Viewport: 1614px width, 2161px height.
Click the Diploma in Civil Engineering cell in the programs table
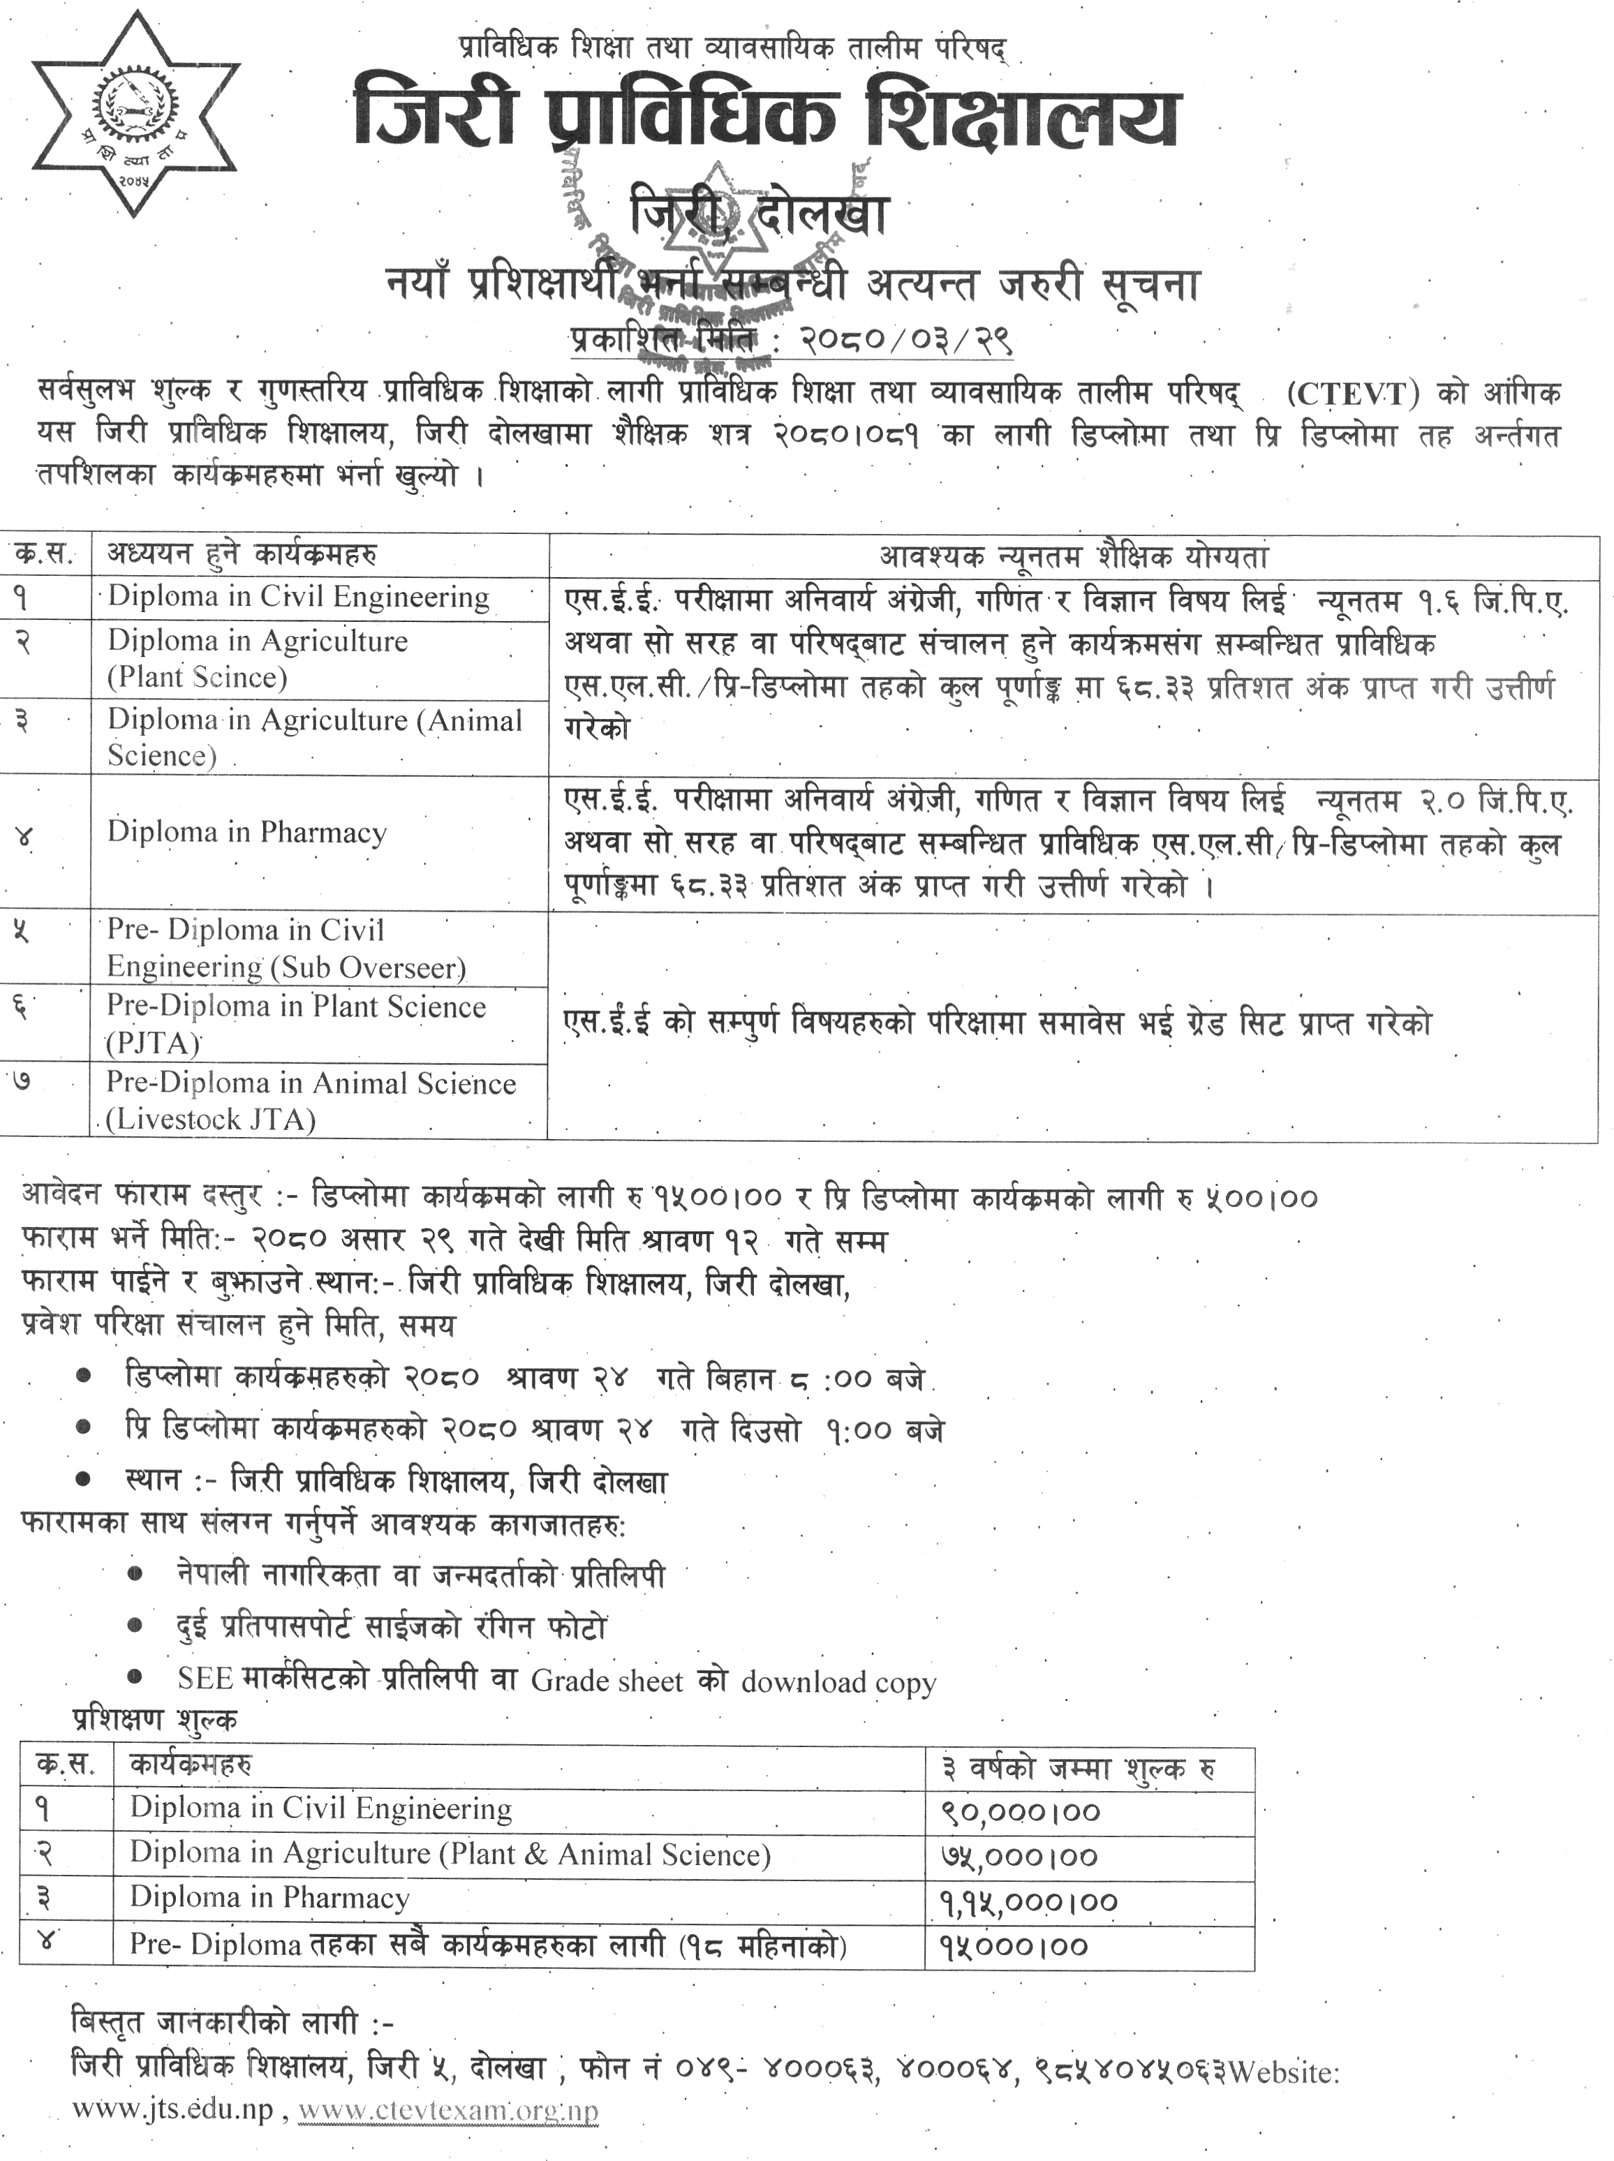coord(298,597)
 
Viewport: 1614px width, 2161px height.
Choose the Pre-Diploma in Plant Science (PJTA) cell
coord(295,1024)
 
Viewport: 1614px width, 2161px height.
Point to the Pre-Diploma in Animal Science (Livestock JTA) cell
coord(310,1100)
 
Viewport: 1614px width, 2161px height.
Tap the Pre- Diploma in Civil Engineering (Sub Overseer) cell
coord(286,948)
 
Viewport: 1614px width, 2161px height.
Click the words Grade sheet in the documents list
coord(607,1680)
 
